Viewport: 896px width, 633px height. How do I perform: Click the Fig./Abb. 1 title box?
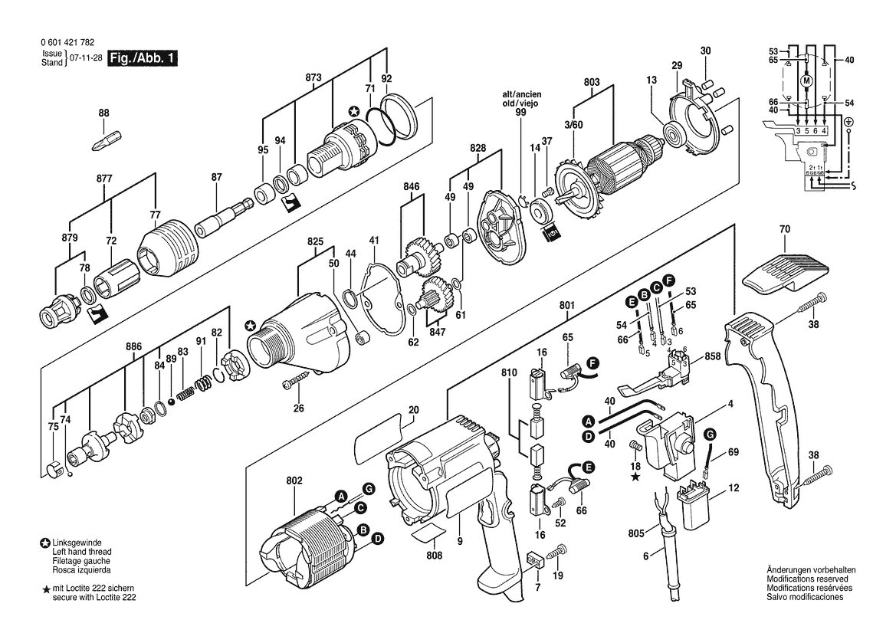[x=143, y=57]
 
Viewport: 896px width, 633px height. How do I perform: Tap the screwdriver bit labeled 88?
[x=104, y=140]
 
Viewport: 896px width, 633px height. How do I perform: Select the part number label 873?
[x=313, y=77]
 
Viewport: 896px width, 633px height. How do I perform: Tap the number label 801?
[x=567, y=306]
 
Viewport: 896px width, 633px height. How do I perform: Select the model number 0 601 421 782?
[x=68, y=42]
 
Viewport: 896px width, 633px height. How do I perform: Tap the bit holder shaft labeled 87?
[x=224, y=216]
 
